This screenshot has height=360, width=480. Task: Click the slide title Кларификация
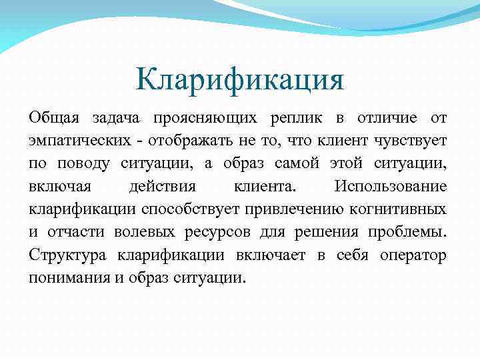[239, 81]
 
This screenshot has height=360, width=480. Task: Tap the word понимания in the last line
[66, 277]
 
